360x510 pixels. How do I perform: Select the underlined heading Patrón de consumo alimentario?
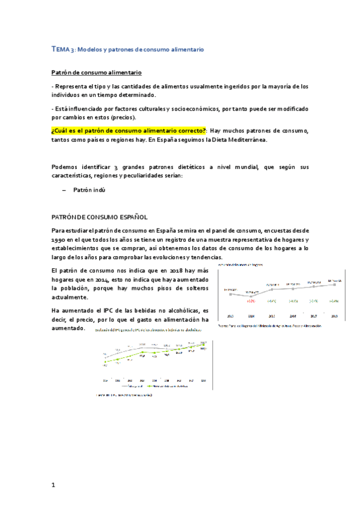click(96, 73)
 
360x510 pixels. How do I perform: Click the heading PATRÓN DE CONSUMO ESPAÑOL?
click(99, 217)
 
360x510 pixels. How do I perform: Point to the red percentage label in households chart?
click(251, 301)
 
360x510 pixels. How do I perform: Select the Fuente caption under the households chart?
click(269, 325)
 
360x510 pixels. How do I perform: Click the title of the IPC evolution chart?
click(147, 330)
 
